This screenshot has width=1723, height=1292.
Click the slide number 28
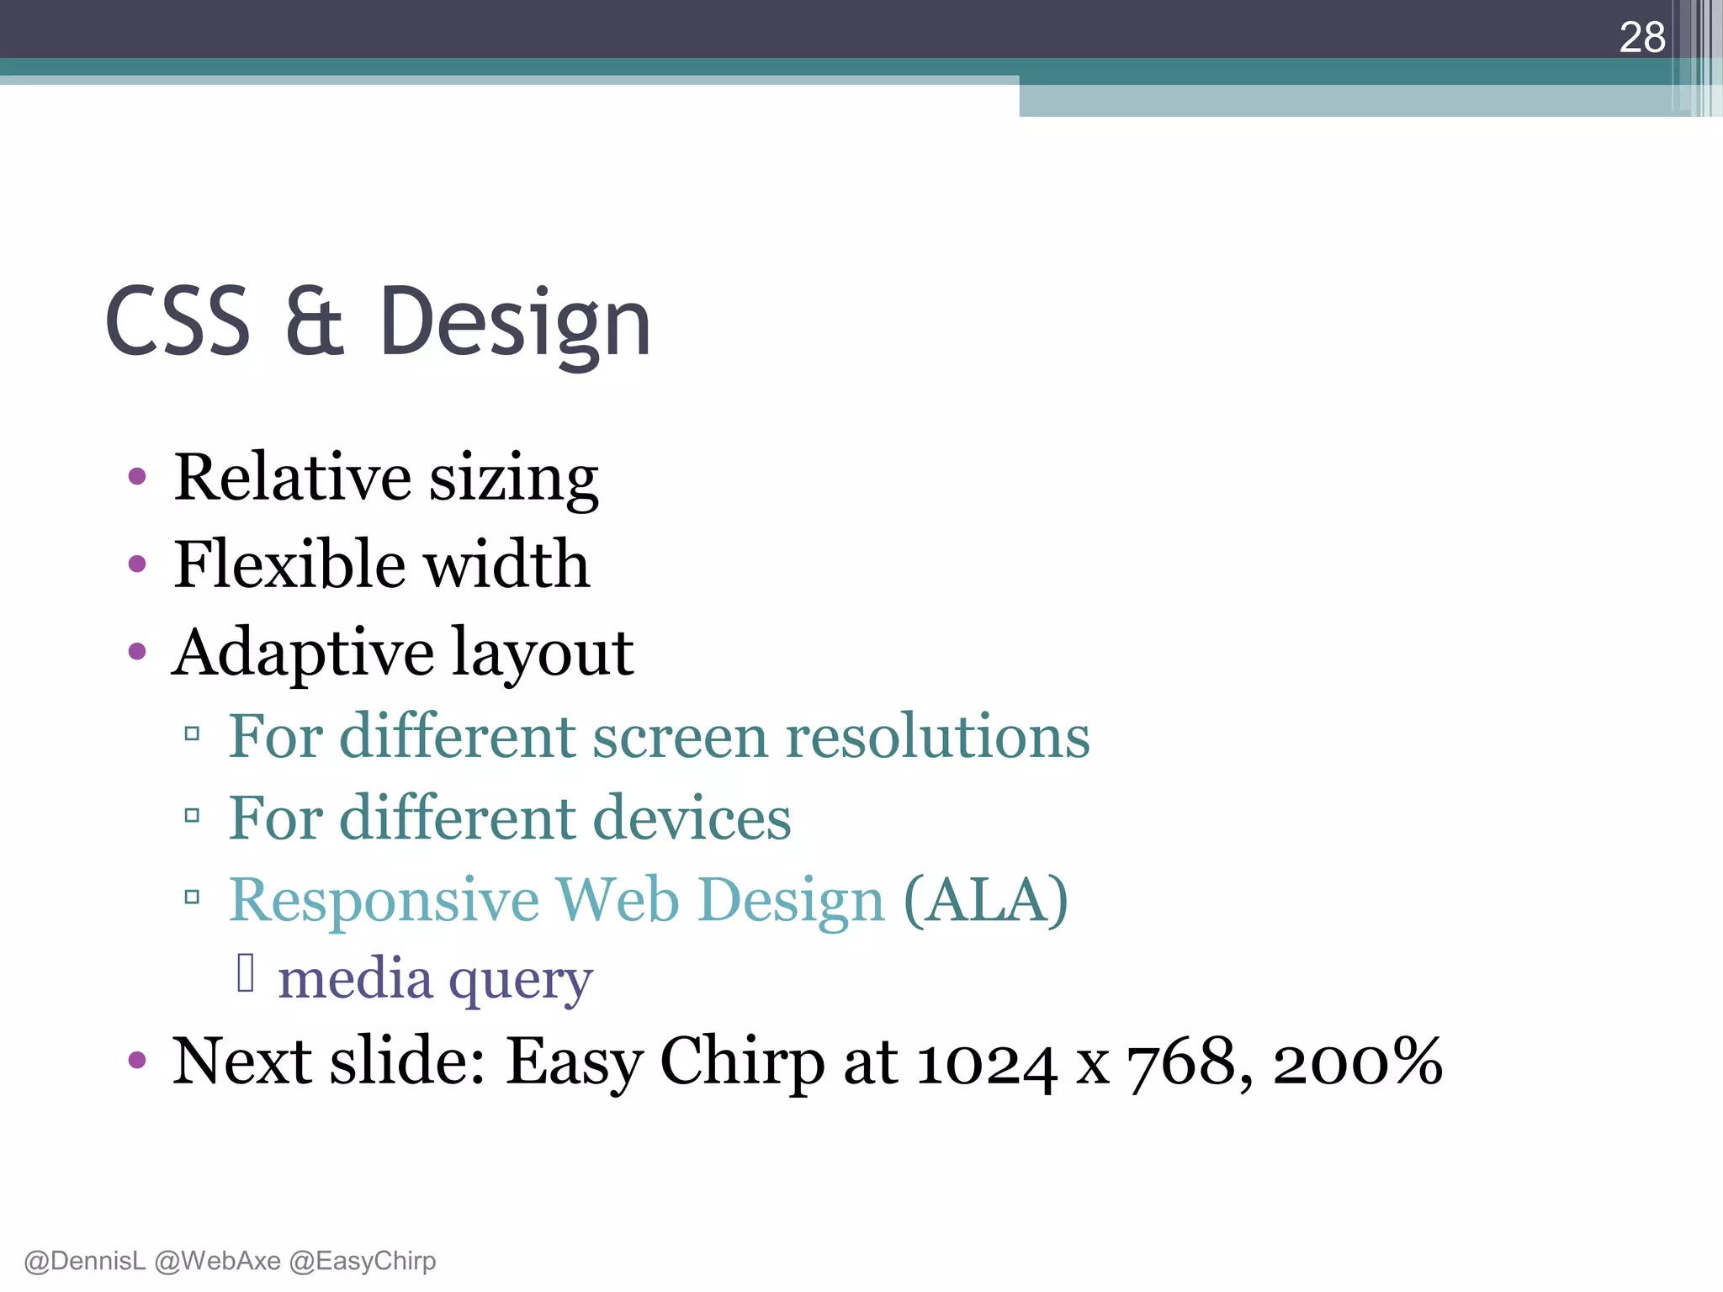pyautogui.click(x=1641, y=38)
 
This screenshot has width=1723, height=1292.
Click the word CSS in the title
pyautogui.click(x=178, y=321)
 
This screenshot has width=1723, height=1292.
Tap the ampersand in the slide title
pyautogui.click(x=314, y=321)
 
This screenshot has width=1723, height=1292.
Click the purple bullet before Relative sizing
pyautogui.click(x=137, y=477)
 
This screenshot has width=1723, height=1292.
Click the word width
pyautogui.click(x=506, y=564)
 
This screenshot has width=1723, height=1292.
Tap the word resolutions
pyautogui.click(x=937, y=737)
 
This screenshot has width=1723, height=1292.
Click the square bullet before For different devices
pyautogui.click(x=192, y=815)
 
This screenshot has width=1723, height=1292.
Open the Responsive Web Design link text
pyautogui.click(x=556, y=900)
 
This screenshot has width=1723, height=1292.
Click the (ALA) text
pyautogui.click(x=985, y=900)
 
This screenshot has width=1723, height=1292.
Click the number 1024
pyautogui.click(x=985, y=1063)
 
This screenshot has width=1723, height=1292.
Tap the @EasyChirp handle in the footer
pyautogui.click(x=363, y=1261)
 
